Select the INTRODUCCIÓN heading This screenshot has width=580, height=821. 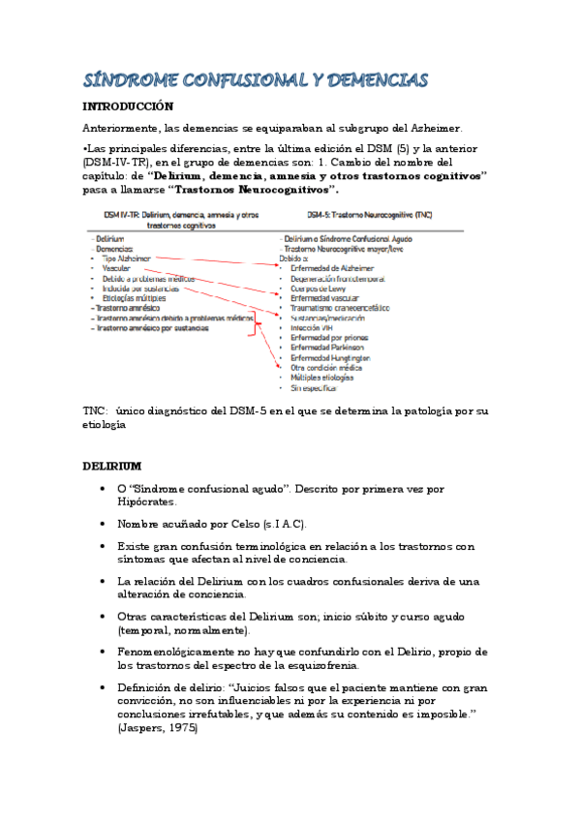[x=128, y=106]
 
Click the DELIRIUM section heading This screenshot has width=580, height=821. [x=112, y=467]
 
